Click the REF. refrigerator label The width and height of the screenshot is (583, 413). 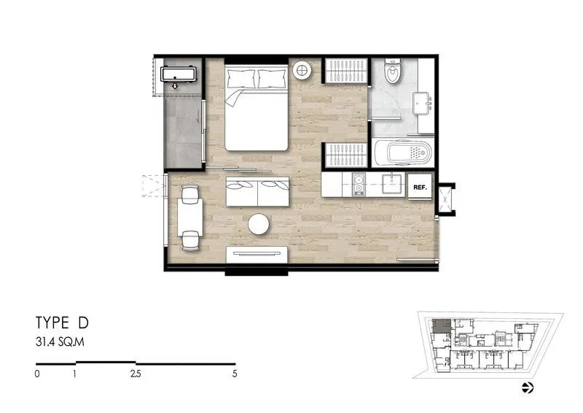pyautogui.click(x=420, y=188)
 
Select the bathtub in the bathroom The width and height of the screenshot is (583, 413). pyautogui.click(x=402, y=153)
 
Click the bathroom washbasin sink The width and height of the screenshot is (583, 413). pyautogui.click(x=422, y=103)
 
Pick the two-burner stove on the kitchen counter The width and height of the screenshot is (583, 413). pyautogui.click(x=359, y=185)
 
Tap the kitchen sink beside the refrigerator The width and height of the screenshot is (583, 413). pyautogui.click(x=393, y=184)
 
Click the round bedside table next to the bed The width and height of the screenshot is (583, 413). pyautogui.click(x=302, y=70)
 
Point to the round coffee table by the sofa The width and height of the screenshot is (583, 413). pyautogui.click(x=259, y=224)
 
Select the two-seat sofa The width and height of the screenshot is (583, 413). pyautogui.click(x=257, y=191)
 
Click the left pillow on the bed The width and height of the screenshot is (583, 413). pyautogui.click(x=241, y=79)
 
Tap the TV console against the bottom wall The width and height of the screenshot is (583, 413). pyautogui.click(x=257, y=255)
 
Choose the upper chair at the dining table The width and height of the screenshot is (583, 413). pyautogui.click(x=190, y=194)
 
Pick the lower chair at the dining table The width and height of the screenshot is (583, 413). pyautogui.click(x=190, y=241)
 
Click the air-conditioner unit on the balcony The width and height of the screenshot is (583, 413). pyautogui.click(x=178, y=74)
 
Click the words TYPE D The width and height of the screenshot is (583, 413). pyautogui.click(x=62, y=323)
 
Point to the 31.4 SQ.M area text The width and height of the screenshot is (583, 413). pyautogui.click(x=60, y=342)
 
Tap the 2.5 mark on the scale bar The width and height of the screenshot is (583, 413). pyautogui.click(x=136, y=374)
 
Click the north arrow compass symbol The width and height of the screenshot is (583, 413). pyautogui.click(x=528, y=387)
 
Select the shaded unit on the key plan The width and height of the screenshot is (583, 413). pyautogui.click(x=442, y=325)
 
